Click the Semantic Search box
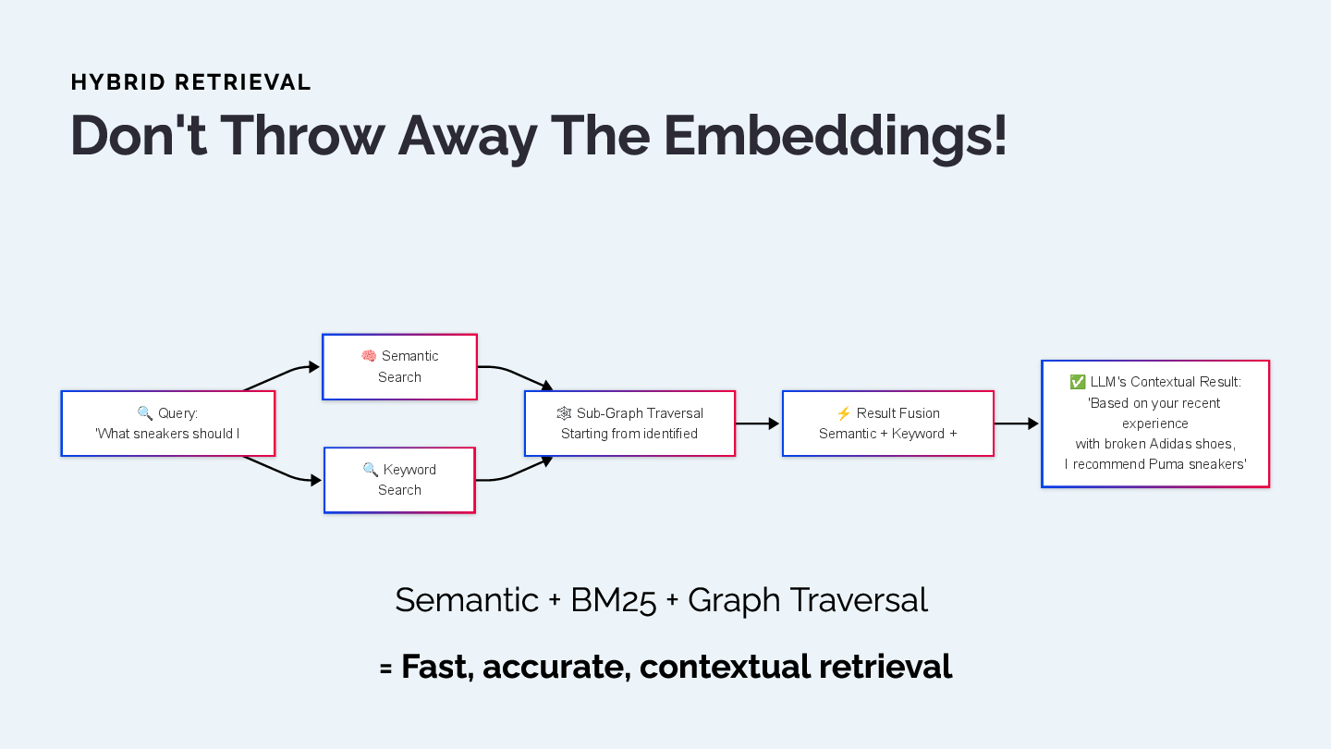tap(399, 367)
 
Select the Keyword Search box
tap(399, 480)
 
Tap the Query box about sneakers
tap(167, 424)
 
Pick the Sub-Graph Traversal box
tap(629, 424)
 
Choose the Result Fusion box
tap(887, 424)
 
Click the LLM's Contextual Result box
tap(1154, 424)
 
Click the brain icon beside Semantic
tap(369, 356)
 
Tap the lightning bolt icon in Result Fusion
tap(844, 413)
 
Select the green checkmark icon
tap(1078, 382)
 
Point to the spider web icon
tap(564, 413)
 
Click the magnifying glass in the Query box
tap(145, 413)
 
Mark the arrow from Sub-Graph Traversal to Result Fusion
tap(758, 424)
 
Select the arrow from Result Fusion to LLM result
tap(1017, 424)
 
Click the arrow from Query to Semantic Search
tap(282, 374)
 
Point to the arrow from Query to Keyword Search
tap(282, 473)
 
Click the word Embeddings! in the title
tap(835, 136)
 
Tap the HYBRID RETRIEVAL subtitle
tap(190, 82)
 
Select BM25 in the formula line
tap(613, 600)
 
